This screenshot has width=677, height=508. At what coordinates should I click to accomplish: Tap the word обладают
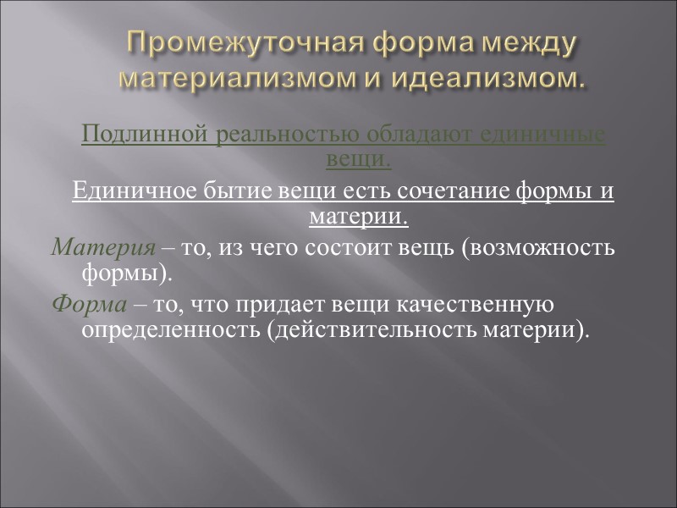415,135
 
